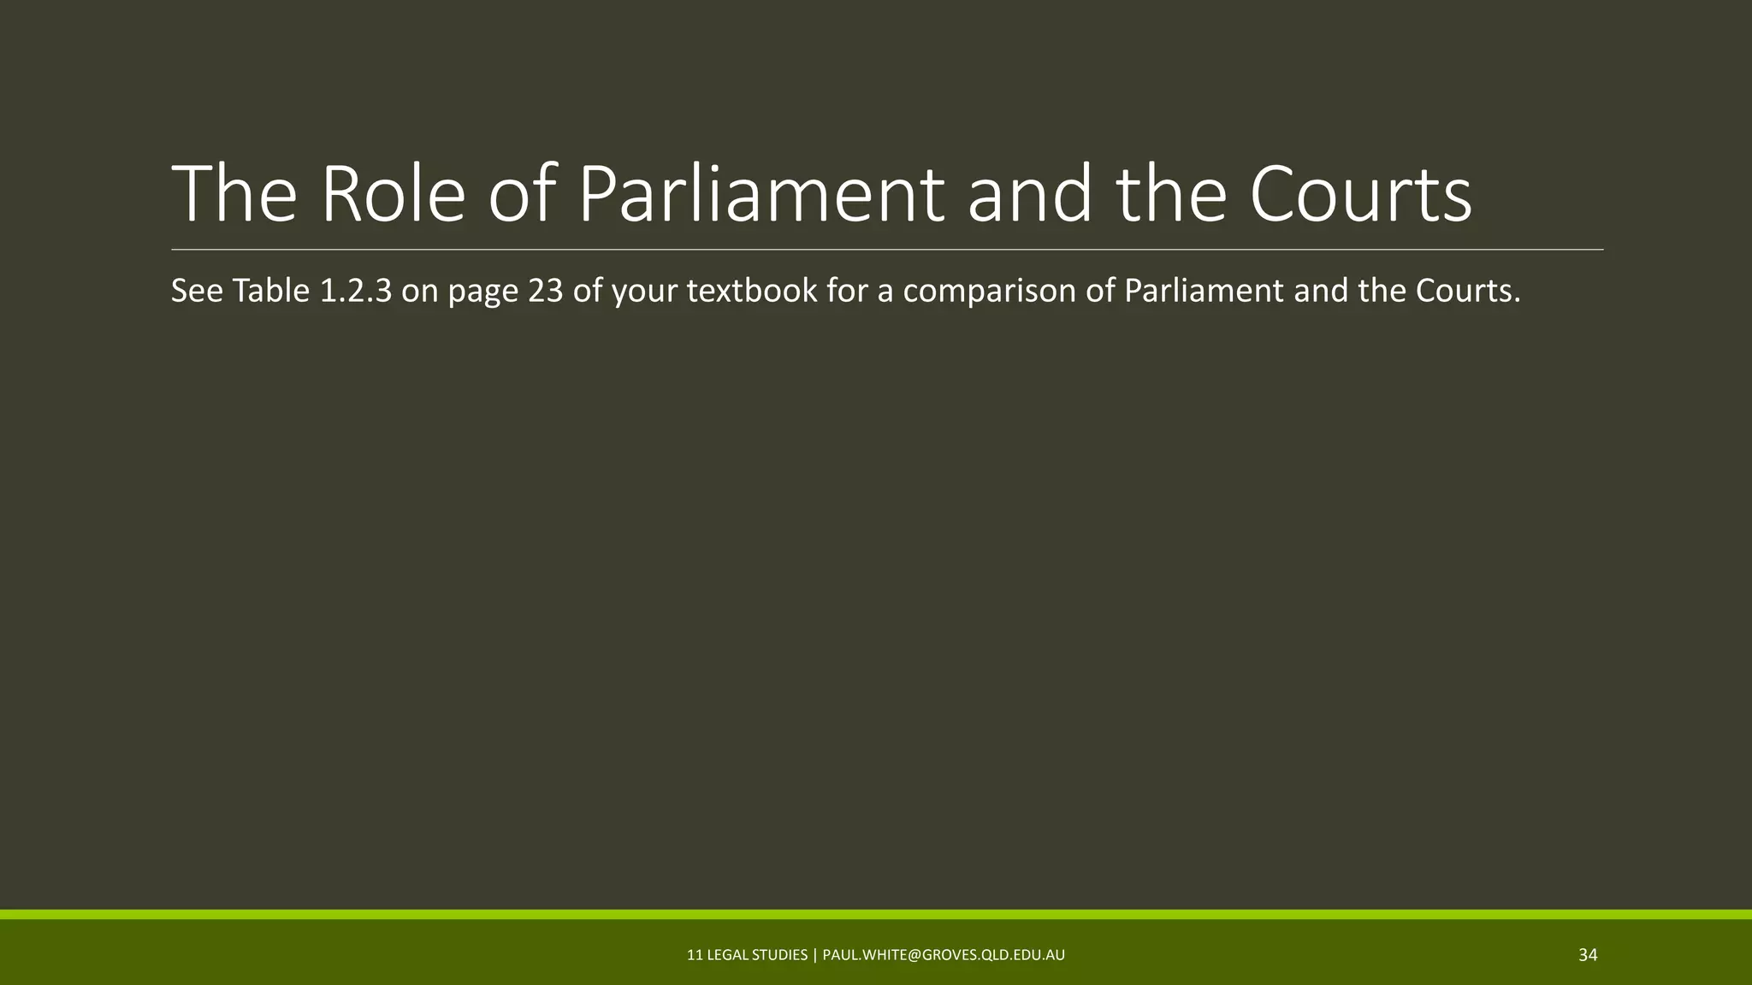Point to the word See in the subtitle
pyautogui.click(x=197, y=291)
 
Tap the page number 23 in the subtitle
pyautogui.click(x=546, y=291)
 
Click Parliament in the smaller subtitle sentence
pyautogui.click(x=1204, y=291)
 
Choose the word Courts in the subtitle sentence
pyautogui.click(x=1467, y=291)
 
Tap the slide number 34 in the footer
pyautogui.click(x=1588, y=955)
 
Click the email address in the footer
pyautogui.click(x=944, y=955)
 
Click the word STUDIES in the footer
pyautogui.click(x=779, y=955)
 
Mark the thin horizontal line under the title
pyautogui.click(x=887, y=250)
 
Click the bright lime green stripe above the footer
pyautogui.click(x=876, y=914)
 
